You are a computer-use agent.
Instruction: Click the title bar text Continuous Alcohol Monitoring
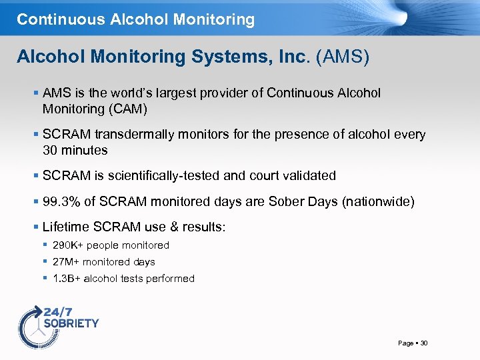[135, 19]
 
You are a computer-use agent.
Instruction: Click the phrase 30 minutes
[75, 150]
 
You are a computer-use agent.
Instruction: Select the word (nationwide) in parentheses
[378, 202]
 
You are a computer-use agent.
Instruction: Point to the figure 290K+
[69, 245]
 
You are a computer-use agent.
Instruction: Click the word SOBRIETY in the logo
[71, 323]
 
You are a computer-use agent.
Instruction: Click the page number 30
[424, 343]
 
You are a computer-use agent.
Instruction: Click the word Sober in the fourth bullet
[287, 202]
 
